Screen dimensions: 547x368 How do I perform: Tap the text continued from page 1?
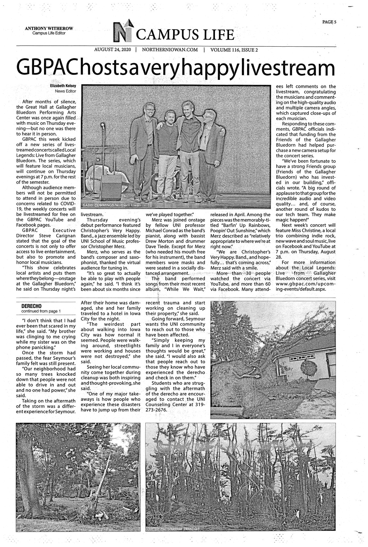point(41,311)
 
